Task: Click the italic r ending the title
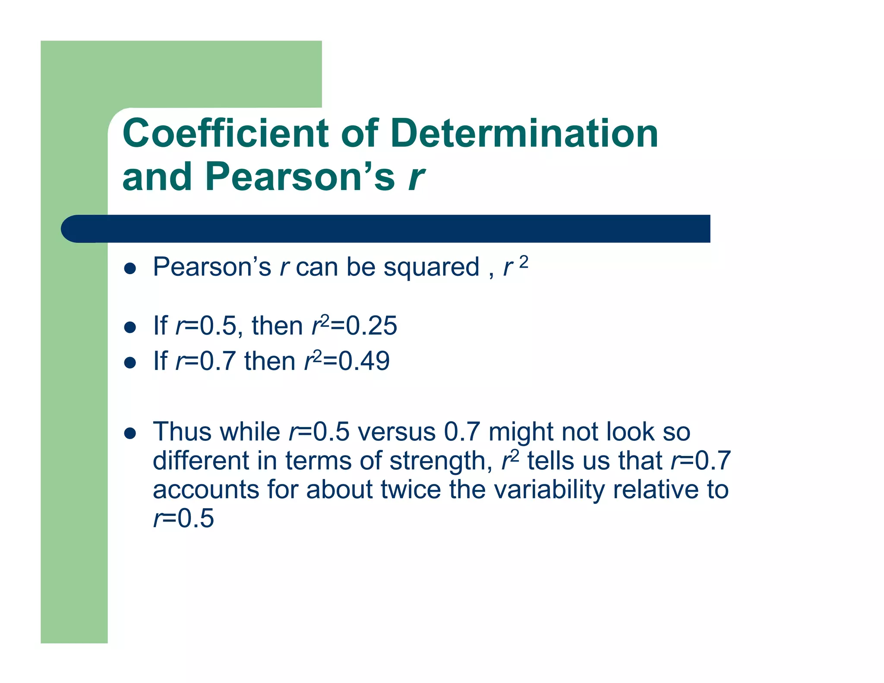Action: click(x=416, y=177)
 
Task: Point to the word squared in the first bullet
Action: click(x=431, y=268)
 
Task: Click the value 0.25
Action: click(x=372, y=326)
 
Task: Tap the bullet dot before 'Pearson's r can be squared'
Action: click(x=130, y=269)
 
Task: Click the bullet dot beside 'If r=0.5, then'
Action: click(x=130, y=327)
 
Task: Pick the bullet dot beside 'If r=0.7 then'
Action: click(x=130, y=362)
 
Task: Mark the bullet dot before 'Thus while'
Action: click(x=130, y=433)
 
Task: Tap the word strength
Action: click(x=441, y=461)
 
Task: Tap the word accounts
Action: click(x=205, y=490)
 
